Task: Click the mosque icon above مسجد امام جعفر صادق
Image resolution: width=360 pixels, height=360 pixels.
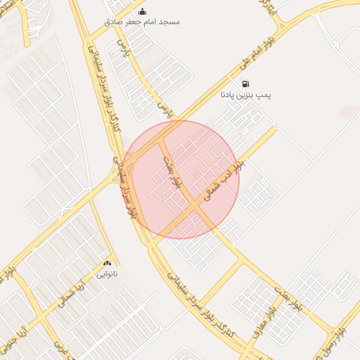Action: pyautogui.click(x=142, y=11)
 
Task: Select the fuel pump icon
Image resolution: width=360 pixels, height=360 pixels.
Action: pyautogui.click(x=245, y=84)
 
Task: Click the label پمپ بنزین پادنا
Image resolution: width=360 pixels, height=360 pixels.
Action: pyautogui.click(x=246, y=94)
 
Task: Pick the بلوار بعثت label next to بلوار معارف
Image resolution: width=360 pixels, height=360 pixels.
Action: pyautogui.click(x=290, y=298)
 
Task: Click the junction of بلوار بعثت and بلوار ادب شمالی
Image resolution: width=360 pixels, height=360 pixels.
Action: pyautogui.click(x=194, y=204)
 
